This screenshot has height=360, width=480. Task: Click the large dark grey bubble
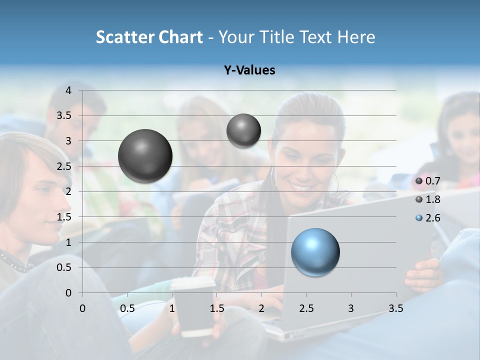tap(145, 156)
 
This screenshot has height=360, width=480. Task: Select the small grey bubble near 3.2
tap(243, 130)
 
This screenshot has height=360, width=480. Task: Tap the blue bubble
tap(315, 252)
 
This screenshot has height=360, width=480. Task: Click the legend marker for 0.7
tap(419, 181)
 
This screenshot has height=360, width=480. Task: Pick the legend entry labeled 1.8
tap(433, 199)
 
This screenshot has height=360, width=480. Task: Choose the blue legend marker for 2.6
tap(419, 218)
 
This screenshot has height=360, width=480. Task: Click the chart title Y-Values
tap(249, 70)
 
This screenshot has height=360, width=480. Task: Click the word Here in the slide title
tap(356, 37)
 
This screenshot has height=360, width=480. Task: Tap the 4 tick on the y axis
tap(68, 90)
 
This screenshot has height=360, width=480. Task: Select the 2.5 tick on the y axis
tap(64, 166)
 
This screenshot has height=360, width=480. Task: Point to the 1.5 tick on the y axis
tap(64, 217)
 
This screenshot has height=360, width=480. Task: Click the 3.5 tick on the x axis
tap(396, 308)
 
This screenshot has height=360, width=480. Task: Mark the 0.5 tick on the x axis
tap(127, 308)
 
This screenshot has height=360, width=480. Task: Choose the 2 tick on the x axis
tap(261, 308)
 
